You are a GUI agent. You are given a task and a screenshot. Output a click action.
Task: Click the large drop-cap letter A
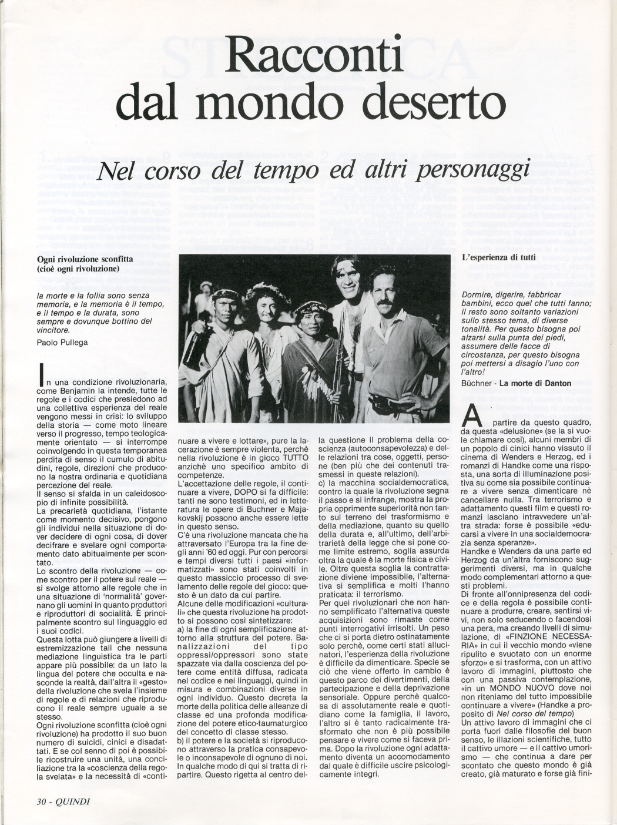click(473, 419)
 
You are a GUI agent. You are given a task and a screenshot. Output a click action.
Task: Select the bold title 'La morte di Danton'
click(540, 384)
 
